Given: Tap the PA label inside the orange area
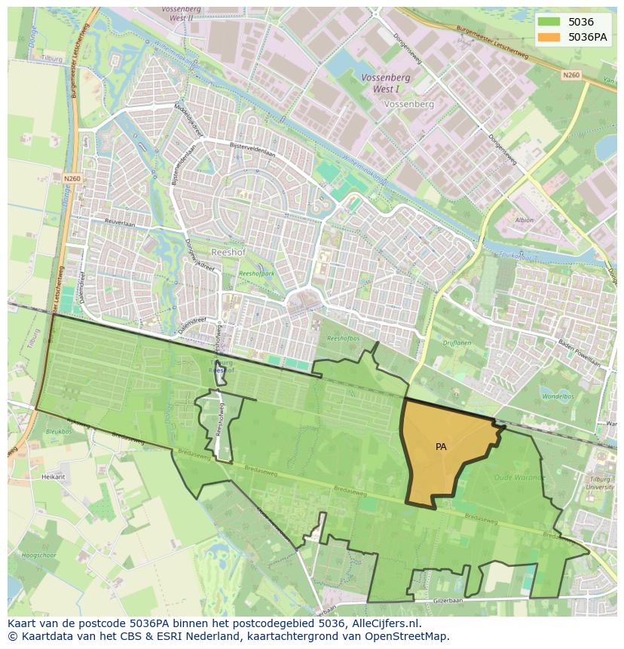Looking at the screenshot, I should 441,446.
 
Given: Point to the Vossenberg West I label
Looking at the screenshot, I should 385,82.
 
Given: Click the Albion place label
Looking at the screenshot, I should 524,221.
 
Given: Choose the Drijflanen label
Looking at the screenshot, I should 457,343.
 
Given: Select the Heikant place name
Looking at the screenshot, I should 54,477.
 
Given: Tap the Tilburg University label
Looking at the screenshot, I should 601,482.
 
